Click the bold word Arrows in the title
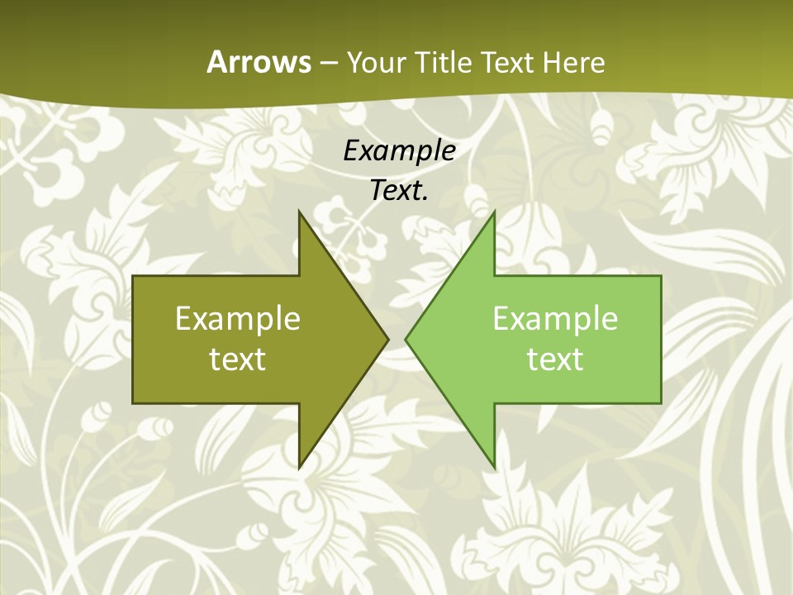pos(258,62)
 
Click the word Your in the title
pos(374,62)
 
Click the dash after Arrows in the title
pos(327,63)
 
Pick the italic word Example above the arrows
pos(399,151)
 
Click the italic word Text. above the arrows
pos(399,191)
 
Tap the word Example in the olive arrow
pos(237,319)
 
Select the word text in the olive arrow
pos(237,359)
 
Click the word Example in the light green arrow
pos(555,319)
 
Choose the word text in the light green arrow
pos(555,359)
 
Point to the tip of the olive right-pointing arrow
pos(388,339)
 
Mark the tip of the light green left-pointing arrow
pos(406,339)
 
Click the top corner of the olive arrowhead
pos(299,212)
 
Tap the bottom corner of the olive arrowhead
pos(299,468)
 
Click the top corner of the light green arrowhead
pos(494,212)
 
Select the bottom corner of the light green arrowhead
pos(494,468)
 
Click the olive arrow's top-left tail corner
pos(133,276)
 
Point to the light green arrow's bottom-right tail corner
pos(661,402)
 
